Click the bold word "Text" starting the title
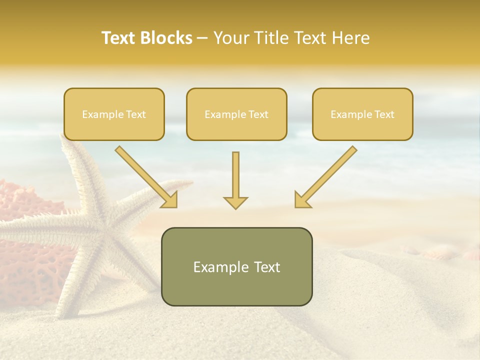tap(118, 38)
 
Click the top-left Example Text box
tap(114, 114)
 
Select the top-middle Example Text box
tap(236, 114)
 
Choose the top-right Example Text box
tap(362, 114)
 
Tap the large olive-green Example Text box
tap(236, 266)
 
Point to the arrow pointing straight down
tap(235, 180)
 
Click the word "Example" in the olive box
tap(220, 267)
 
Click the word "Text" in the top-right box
tap(384, 114)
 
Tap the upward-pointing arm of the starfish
tap(75, 165)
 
